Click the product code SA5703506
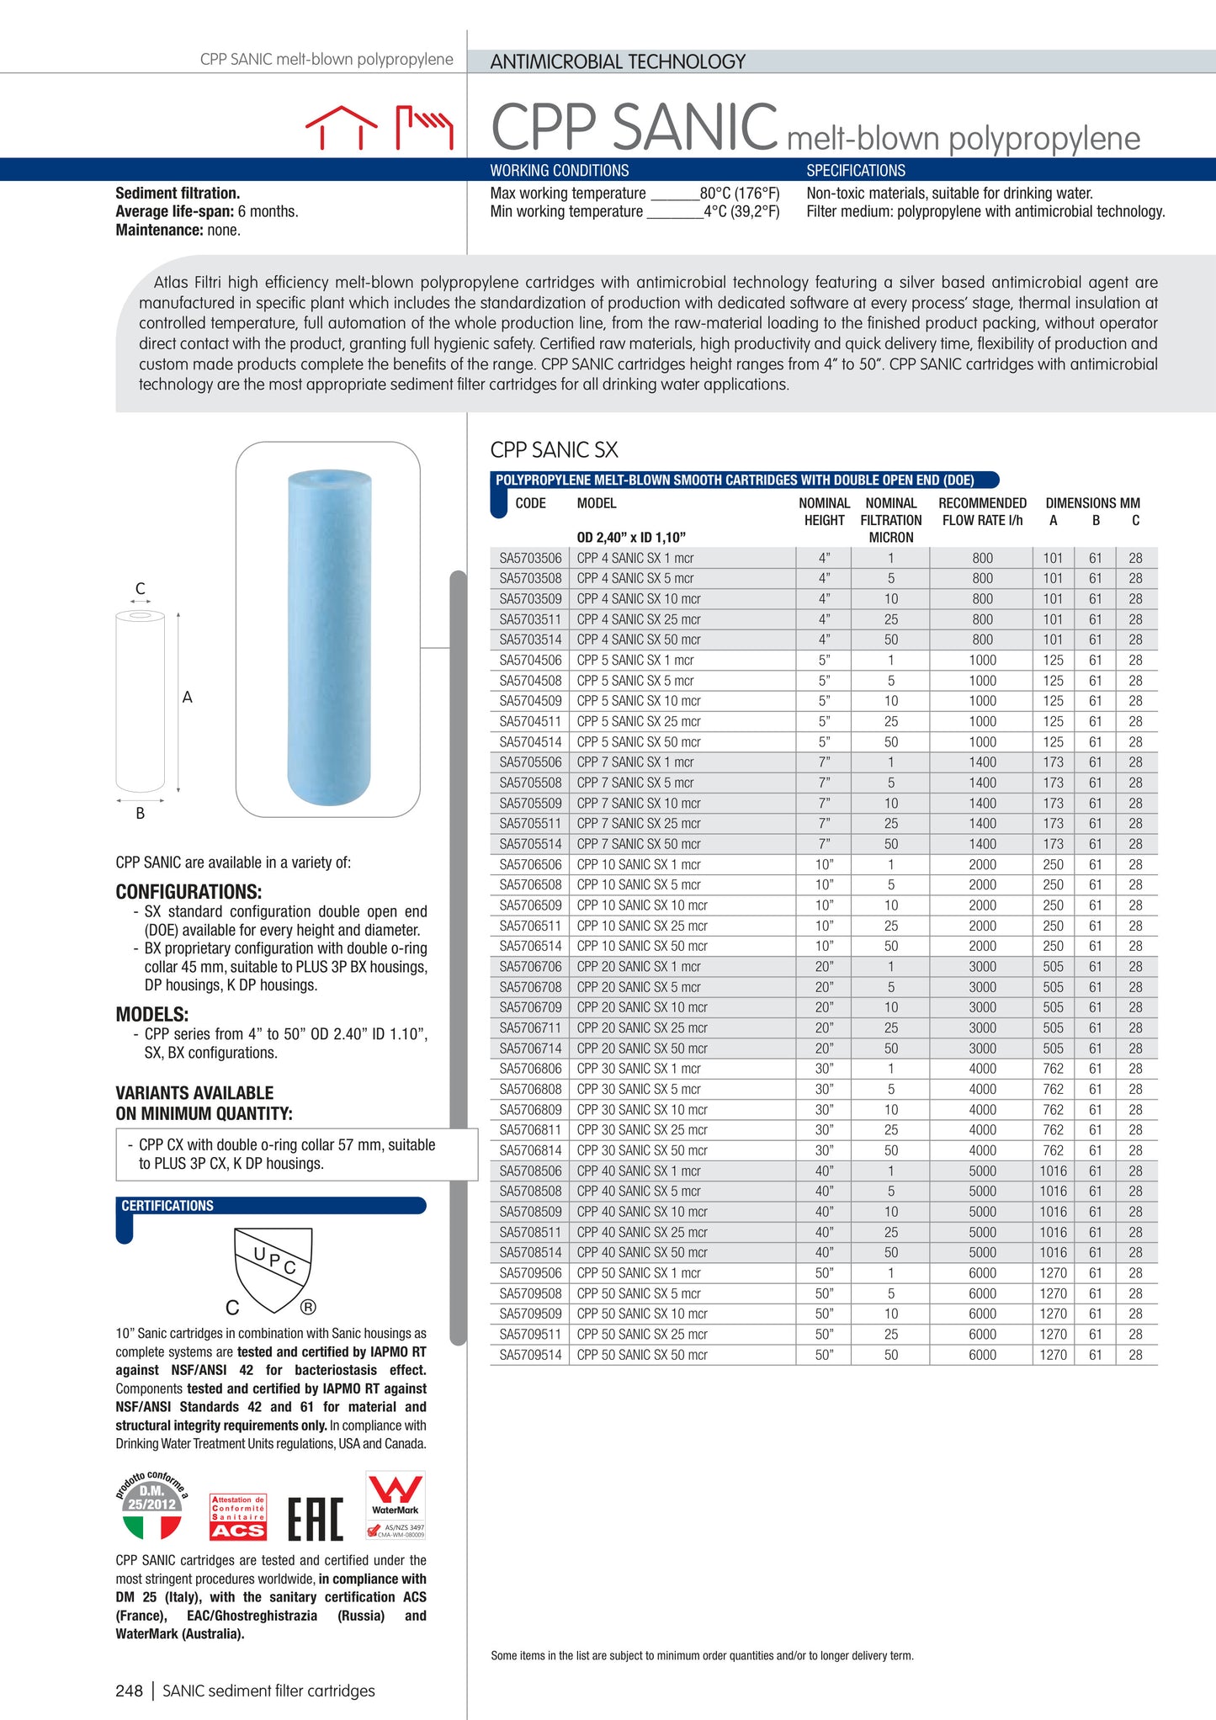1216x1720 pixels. point(530,558)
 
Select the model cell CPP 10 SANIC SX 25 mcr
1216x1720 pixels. point(642,926)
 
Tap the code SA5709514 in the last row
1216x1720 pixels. point(530,1355)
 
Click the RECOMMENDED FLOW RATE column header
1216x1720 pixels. point(982,512)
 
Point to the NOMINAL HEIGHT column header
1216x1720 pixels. point(824,512)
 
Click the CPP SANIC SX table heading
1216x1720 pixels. point(554,450)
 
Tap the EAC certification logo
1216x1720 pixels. point(316,1519)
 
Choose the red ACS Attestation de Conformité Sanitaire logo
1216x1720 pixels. point(238,1517)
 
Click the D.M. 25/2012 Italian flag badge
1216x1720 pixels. point(152,1507)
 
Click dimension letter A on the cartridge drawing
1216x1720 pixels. point(188,698)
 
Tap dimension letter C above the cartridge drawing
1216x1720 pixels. point(141,588)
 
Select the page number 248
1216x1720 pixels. point(130,1691)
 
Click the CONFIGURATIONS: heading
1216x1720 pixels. point(189,892)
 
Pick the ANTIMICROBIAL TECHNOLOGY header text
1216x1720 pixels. point(618,61)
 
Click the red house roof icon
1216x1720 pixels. point(341,127)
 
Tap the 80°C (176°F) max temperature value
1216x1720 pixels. point(740,194)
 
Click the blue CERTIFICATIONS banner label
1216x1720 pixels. point(167,1206)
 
